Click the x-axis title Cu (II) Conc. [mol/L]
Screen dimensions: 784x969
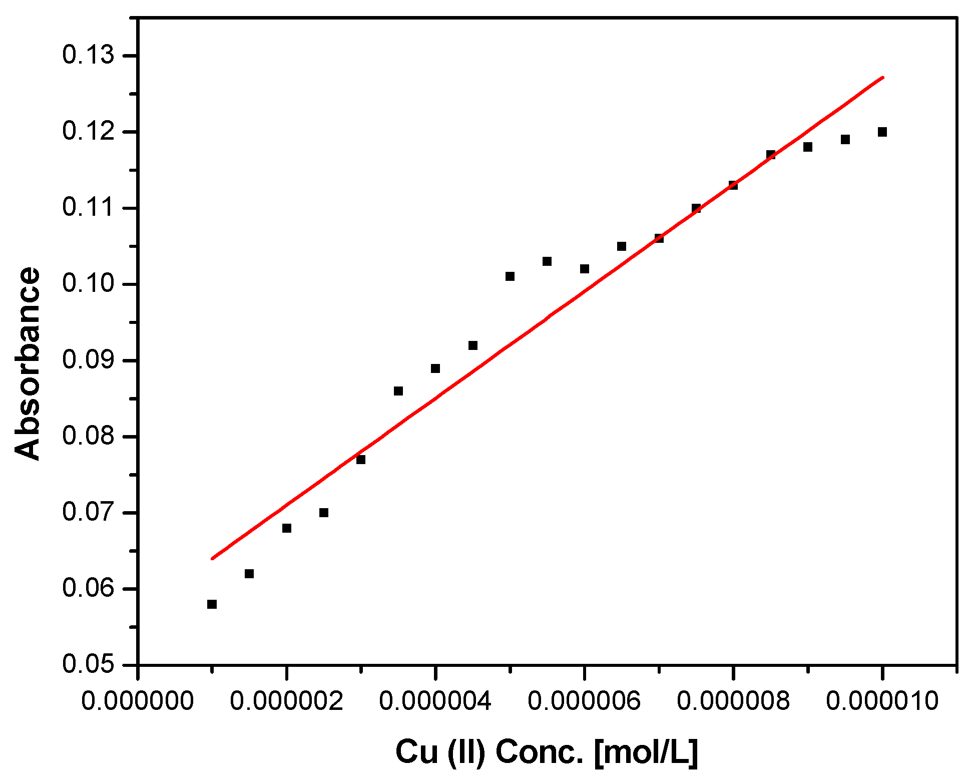click(x=546, y=751)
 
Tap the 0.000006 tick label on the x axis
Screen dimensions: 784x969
click(x=584, y=700)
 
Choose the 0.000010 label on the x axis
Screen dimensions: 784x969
click(x=882, y=700)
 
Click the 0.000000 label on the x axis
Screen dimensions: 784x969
click(x=137, y=700)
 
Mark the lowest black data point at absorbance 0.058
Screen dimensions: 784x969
click(x=212, y=604)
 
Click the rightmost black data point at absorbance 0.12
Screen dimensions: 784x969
click(x=882, y=132)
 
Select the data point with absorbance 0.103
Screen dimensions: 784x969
click(x=547, y=261)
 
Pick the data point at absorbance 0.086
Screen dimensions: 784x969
click(x=398, y=391)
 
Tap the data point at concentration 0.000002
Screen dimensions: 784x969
click(x=287, y=528)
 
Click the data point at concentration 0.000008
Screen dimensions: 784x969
click(x=733, y=185)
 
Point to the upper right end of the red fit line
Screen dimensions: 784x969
click(x=883, y=77)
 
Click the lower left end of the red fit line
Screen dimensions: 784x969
click(x=212, y=558)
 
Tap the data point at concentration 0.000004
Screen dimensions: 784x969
click(x=435, y=368)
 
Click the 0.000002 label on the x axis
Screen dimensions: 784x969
click(x=286, y=700)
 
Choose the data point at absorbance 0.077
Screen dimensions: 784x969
click(x=361, y=460)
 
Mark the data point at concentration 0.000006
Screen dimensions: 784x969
click(x=585, y=269)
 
